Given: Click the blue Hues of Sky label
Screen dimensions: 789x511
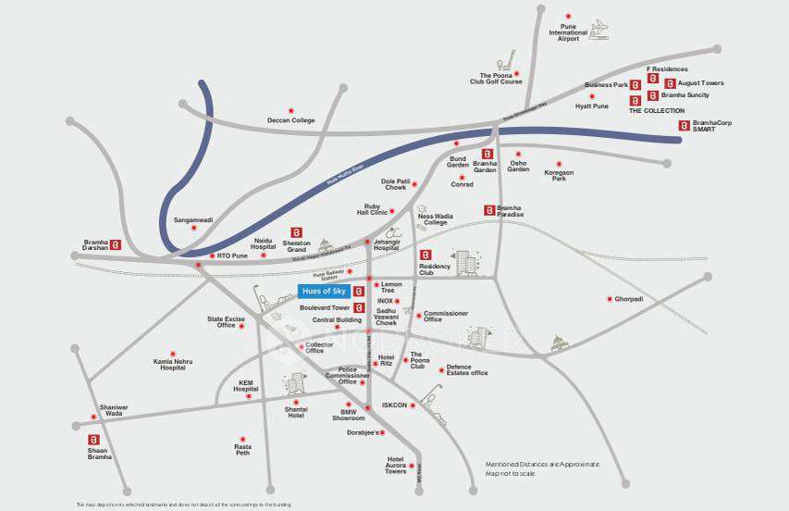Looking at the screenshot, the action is [x=323, y=291].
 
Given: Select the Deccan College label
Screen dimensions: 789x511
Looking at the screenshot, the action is [x=291, y=120].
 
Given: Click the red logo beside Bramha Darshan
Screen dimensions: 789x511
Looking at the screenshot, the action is [x=117, y=245].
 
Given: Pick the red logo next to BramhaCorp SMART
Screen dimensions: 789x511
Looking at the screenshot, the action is [x=684, y=126].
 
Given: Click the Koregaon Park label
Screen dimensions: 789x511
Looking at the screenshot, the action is [x=559, y=175].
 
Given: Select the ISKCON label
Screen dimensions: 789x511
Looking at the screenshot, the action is [x=395, y=405].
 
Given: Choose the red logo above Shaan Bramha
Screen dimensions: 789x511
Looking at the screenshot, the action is [x=92, y=439].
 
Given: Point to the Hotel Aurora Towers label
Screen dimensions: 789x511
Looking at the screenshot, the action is [x=396, y=467].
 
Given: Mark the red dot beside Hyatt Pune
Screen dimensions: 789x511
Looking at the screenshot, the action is [x=592, y=96].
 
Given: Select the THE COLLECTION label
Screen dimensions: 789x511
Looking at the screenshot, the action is [x=657, y=110].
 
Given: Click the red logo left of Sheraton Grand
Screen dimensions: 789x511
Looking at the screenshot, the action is [x=296, y=232].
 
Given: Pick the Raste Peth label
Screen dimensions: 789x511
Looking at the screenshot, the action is [x=242, y=451].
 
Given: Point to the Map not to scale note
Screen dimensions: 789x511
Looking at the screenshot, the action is [x=510, y=474].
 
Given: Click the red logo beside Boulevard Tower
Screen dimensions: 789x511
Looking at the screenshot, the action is [x=358, y=307].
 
